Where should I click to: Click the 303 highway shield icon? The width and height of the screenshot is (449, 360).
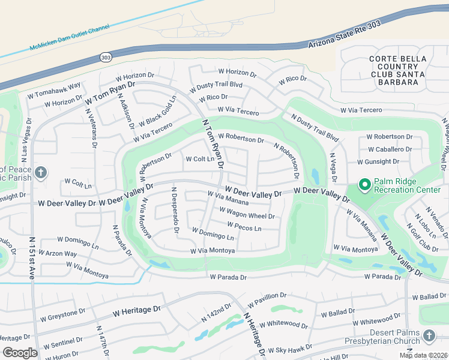click(x=106, y=57)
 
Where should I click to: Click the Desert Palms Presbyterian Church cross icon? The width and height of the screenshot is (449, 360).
click(x=429, y=337)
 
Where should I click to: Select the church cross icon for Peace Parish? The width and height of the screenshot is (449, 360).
click(x=40, y=174)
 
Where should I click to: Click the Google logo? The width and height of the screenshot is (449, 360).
click(x=20, y=353)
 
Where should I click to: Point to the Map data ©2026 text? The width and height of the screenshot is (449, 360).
click(x=422, y=355)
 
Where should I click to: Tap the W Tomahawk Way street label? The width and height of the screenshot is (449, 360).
click(x=54, y=90)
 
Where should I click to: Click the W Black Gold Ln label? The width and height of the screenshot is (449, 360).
click(x=157, y=112)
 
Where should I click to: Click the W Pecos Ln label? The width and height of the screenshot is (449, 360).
click(x=244, y=227)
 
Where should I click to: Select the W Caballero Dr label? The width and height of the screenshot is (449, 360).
click(x=390, y=149)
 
